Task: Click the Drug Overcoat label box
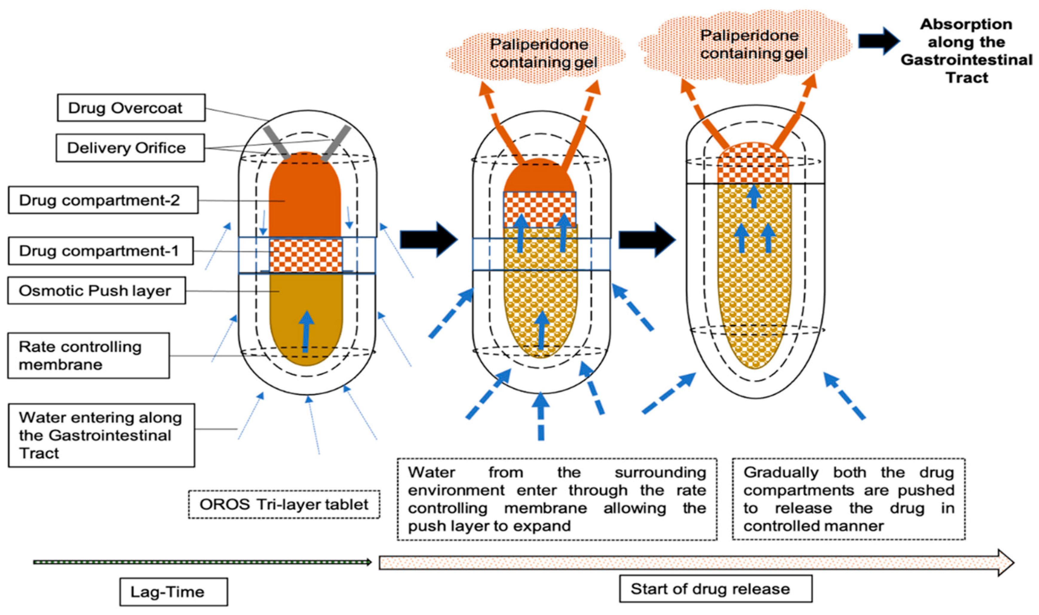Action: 131,108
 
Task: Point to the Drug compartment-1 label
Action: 101,251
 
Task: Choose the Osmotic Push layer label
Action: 96,290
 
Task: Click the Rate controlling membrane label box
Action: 88,356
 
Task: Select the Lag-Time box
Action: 173,591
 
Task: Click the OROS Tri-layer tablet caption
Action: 284,504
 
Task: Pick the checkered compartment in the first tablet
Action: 306,255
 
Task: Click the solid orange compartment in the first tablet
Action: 305,195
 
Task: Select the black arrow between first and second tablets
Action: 429,239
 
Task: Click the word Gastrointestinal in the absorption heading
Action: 966,60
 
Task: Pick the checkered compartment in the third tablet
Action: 753,164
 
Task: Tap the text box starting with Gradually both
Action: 848,499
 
